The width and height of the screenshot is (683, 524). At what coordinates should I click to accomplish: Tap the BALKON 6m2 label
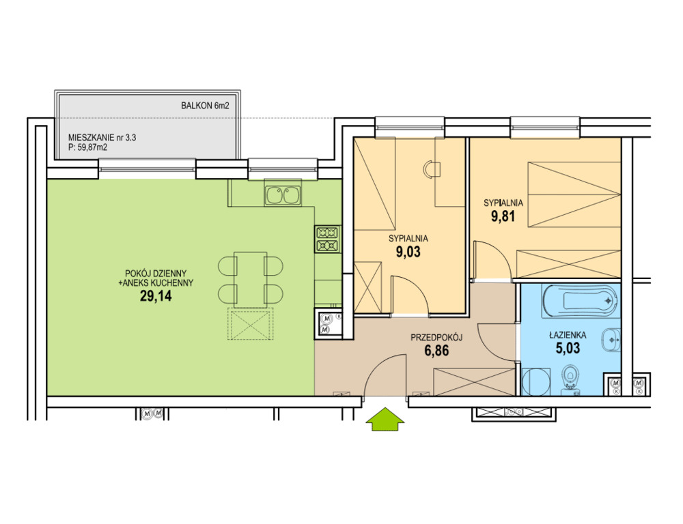[205, 105]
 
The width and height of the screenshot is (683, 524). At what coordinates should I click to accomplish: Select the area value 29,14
[156, 296]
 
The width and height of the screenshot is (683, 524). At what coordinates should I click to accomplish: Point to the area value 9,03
[408, 252]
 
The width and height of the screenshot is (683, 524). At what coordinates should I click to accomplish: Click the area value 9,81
[503, 216]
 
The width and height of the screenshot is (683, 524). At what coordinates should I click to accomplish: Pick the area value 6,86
[436, 350]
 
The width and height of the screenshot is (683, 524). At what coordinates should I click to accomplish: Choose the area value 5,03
[568, 348]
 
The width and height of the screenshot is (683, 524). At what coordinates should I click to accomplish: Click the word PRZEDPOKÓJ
[436, 337]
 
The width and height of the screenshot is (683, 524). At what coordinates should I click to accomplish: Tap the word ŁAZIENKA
[568, 335]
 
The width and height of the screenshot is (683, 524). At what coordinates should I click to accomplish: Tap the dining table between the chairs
[251, 279]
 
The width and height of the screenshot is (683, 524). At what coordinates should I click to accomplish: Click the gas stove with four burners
[327, 239]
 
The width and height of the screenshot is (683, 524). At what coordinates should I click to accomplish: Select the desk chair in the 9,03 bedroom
[432, 169]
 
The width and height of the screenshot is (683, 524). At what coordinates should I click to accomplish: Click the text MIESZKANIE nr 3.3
[102, 138]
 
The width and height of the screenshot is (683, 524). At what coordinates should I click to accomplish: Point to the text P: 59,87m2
[87, 147]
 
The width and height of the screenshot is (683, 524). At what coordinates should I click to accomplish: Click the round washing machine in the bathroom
[535, 381]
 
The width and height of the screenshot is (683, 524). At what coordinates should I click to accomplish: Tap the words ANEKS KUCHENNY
[159, 283]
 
